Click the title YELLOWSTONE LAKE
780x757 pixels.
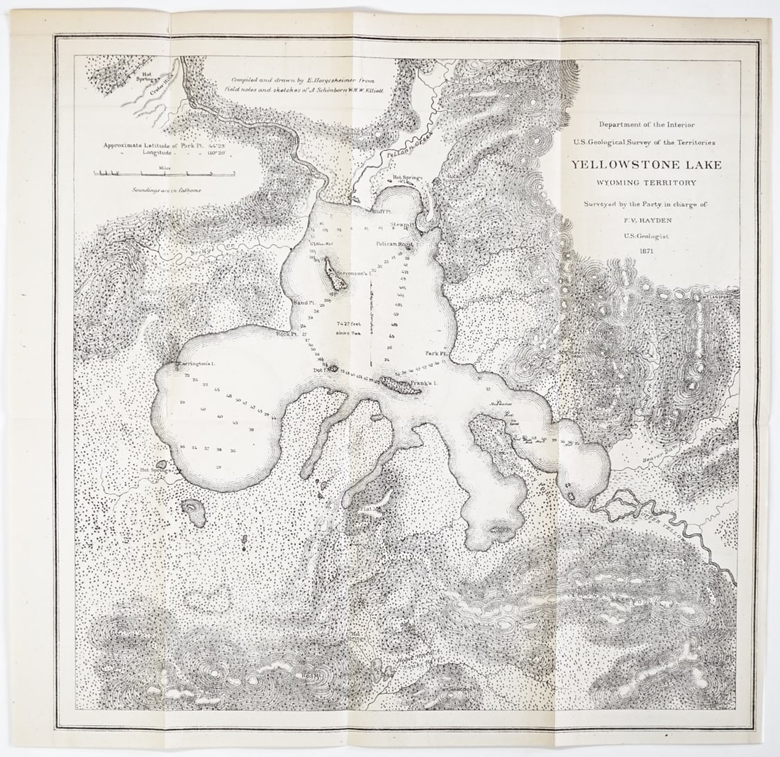point(646,164)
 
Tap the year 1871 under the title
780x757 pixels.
point(646,250)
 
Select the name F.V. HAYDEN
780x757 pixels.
point(646,220)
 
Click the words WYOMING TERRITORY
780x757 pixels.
point(646,183)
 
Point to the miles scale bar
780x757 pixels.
point(165,172)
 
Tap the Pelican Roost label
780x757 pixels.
point(394,243)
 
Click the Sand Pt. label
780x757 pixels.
point(304,303)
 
